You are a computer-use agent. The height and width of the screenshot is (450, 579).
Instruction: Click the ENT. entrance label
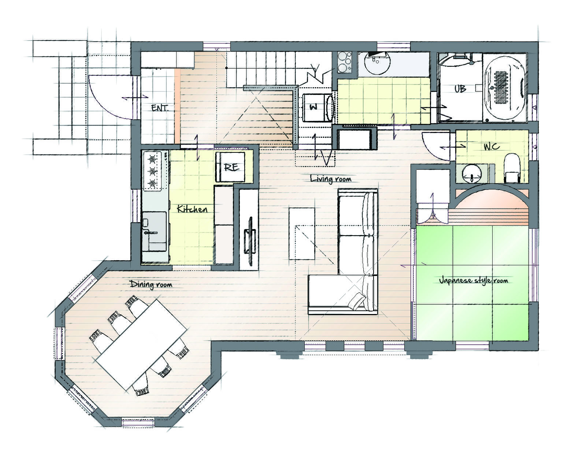tap(160, 108)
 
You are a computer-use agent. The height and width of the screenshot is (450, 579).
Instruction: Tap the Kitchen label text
tap(192, 209)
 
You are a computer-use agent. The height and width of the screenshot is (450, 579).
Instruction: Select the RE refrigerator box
tap(230, 167)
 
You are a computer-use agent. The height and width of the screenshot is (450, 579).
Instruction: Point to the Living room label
tap(331, 179)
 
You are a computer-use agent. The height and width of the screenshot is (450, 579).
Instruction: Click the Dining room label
tap(151, 284)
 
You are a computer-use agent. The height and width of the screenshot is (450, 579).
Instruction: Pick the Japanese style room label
tap(473, 280)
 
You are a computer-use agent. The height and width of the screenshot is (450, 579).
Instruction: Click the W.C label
tap(491, 146)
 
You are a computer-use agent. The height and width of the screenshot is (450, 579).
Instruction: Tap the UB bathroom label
tap(460, 89)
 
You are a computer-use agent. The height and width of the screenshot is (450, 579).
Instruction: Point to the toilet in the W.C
tap(512, 168)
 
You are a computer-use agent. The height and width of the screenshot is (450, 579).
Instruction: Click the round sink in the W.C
tap(472, 174)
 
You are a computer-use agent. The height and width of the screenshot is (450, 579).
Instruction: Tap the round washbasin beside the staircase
tap(377, 63)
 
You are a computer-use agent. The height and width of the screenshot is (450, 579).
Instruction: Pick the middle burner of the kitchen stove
tap(152, 171)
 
